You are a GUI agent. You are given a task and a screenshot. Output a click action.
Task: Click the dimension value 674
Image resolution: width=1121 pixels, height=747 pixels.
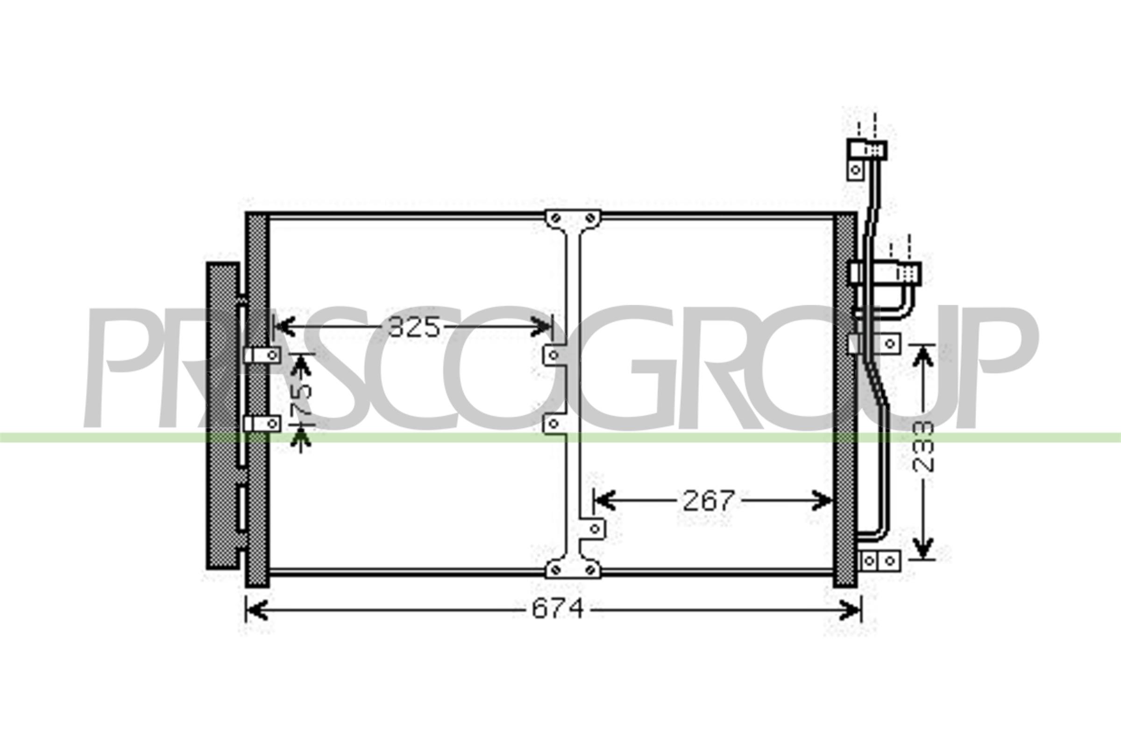pos(557,609)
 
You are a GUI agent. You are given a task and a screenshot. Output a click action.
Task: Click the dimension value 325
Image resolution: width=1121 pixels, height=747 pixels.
pos(414,327)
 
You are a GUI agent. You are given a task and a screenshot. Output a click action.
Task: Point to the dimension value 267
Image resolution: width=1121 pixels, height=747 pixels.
pos(709,500)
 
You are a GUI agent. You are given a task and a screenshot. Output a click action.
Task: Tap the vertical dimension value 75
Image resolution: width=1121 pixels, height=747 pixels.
pos(302,399)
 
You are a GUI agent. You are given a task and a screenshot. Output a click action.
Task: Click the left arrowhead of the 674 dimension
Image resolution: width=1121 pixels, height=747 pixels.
pos(256,610)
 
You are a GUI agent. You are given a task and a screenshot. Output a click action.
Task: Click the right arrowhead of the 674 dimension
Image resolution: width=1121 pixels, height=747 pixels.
pos(850,610)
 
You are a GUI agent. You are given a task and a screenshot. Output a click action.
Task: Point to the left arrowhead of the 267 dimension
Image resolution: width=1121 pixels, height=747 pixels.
pos(605,500)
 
